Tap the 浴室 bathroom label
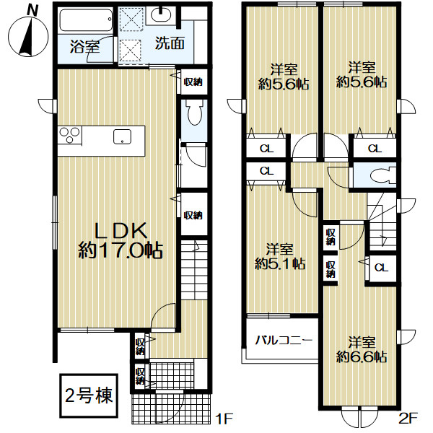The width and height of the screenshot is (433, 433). (84, 46)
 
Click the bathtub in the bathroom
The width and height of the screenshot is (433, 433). (86, 20)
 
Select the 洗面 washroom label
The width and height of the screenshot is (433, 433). (170, 43)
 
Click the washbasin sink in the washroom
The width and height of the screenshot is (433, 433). (161, 16)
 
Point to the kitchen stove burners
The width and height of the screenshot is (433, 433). (69, 136)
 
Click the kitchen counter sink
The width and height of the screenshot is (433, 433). (122, 136)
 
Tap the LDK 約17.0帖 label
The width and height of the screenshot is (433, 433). (121, 240)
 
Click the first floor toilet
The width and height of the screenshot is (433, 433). (195, 113)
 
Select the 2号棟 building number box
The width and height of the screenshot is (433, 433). (89, 395)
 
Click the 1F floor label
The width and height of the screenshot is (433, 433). (224, 418)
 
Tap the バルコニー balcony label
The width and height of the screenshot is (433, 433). (284, 341)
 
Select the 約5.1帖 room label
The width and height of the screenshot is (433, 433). (280, 264)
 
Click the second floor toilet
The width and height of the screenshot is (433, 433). (383, 175)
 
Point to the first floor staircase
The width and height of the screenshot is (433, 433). (194, 269)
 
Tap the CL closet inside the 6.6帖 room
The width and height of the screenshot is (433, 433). (381, 268)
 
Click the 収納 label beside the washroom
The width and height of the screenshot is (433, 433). (193, 82)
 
